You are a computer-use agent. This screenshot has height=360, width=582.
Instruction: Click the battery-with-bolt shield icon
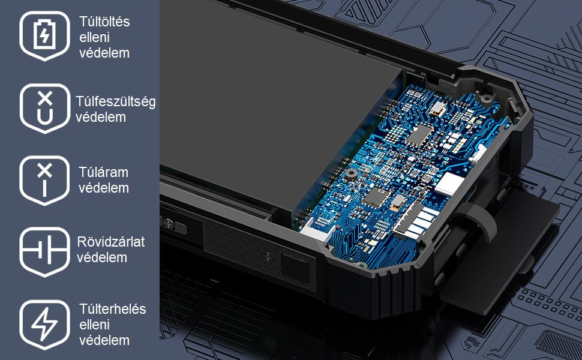pos(44,35)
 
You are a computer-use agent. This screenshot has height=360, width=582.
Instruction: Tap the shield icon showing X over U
pos(44,109)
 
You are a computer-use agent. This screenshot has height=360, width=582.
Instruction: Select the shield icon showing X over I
pos(44,181)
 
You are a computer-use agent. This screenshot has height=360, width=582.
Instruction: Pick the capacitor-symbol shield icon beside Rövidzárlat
pos(44,252)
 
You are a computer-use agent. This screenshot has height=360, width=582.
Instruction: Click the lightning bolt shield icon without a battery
pos(44,325)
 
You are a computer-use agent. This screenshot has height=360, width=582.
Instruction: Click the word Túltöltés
pos(104,22)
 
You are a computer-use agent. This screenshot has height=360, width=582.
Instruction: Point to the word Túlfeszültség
pos(115,101)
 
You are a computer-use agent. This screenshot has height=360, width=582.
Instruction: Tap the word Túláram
pos(103,172)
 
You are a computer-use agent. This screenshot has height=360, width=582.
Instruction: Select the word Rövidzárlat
pos(110,242)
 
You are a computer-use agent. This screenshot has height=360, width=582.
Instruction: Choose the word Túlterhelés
pos(112,309)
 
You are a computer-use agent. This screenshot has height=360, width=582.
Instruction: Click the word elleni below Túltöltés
pos(94,37)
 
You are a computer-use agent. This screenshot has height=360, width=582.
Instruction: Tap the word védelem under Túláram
pos(104,188)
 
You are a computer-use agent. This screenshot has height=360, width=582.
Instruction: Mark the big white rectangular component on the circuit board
pos(449,184)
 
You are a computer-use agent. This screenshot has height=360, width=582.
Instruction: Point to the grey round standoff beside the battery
pos(351,173)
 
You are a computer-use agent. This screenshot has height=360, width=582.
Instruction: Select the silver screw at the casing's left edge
pos(169,224)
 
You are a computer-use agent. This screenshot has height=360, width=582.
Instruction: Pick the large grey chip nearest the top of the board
pos(419,135)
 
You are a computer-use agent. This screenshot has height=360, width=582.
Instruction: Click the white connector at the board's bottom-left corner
pos(316,232)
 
